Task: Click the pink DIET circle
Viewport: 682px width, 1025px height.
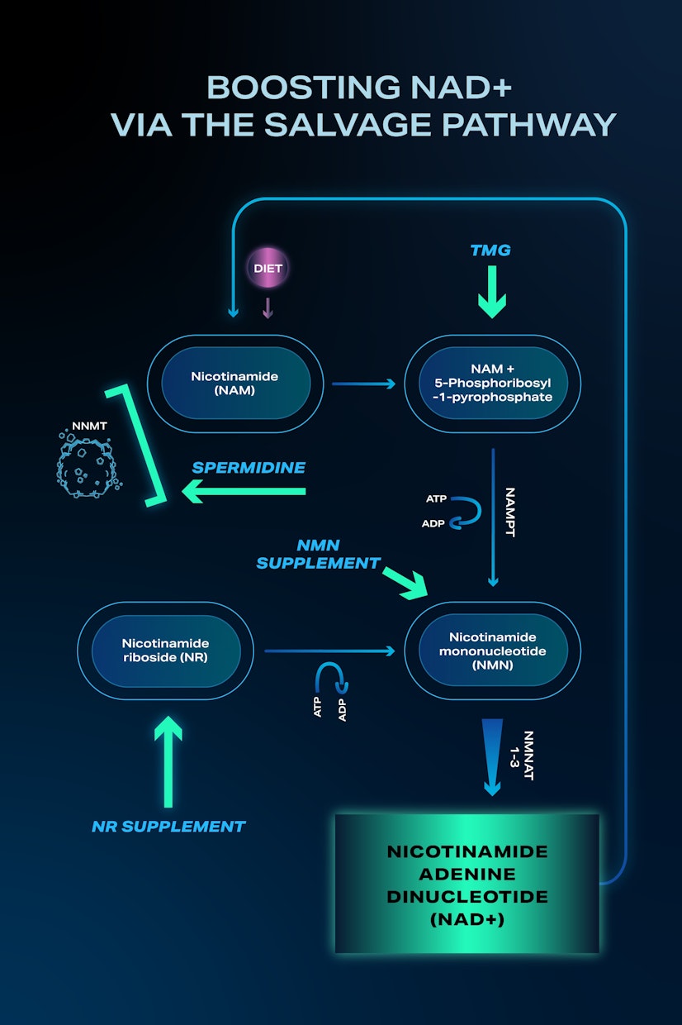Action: pos(267,269)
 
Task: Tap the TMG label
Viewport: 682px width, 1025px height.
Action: pos(490,250)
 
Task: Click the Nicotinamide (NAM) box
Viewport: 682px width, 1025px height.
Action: pos(234,383)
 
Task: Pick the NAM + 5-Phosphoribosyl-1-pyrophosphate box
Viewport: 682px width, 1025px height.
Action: pos(492,383)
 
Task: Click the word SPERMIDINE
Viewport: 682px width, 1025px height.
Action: pos(249,468)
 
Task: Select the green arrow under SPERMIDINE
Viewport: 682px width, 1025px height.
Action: pos(244,493)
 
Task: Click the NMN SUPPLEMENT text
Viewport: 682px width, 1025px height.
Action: pos(318,555)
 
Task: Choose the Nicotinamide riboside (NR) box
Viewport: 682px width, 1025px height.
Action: pos(165,651)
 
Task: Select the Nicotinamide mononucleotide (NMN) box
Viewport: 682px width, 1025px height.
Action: pos(492,651)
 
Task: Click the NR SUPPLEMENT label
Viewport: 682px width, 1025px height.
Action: pos(168,826)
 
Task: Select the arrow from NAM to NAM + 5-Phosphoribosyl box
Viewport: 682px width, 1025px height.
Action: pos(363,384)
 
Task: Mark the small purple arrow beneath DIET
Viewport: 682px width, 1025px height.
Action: pos(267,307)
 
